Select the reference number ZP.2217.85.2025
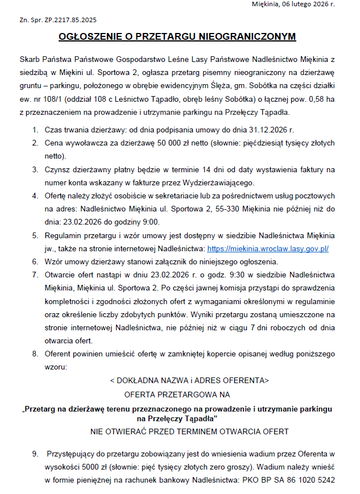[x=67, y=20]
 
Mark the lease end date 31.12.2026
[x=271, y=130]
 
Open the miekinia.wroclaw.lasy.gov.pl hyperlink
[x=268, y=248]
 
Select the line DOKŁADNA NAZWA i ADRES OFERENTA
[x=189, y=380]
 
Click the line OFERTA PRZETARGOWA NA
[x=177, y=393]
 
